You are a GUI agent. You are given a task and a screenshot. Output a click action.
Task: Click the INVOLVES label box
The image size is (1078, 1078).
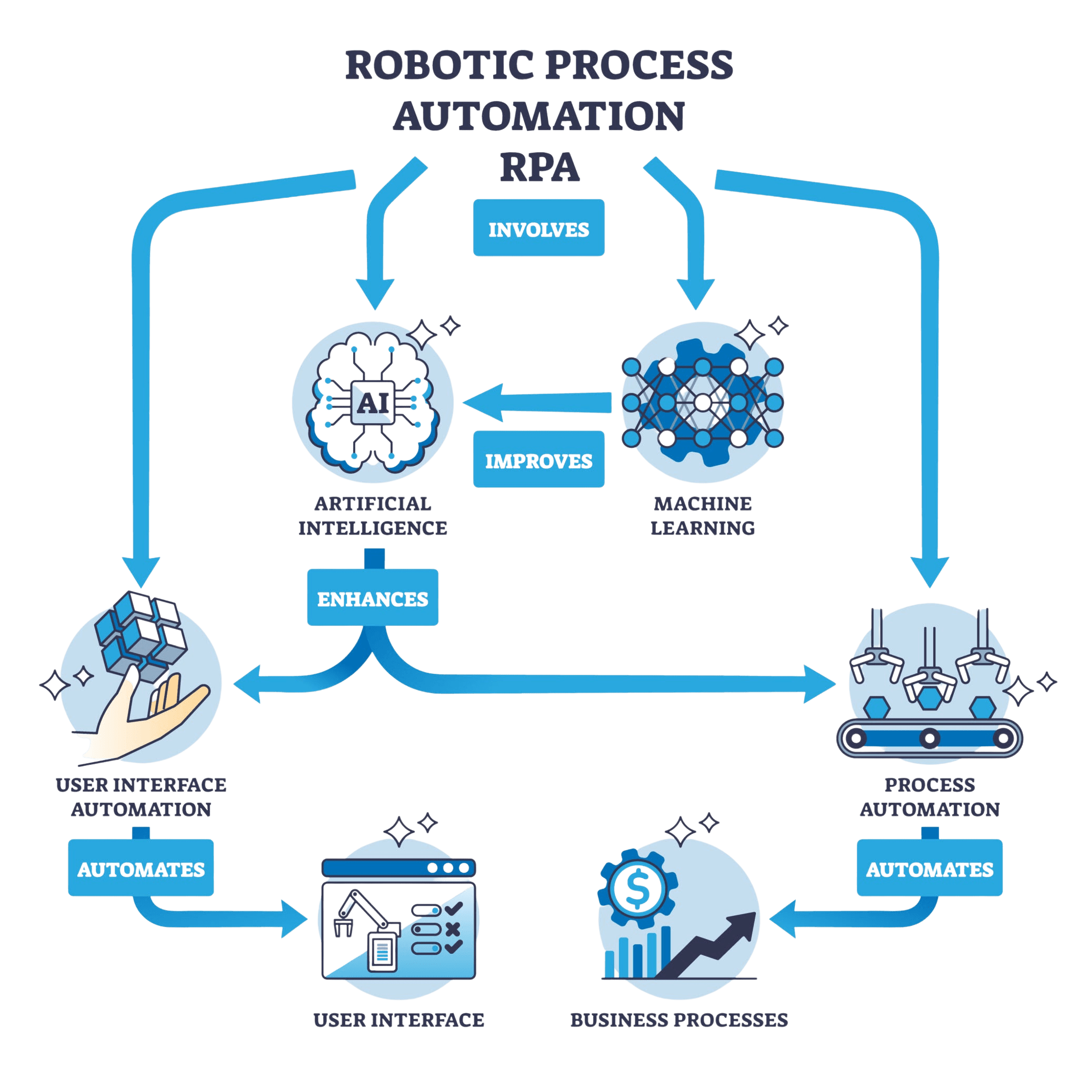click(x=538, y=228)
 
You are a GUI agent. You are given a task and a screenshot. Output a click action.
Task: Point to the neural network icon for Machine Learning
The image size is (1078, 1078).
click(x=703, y=402)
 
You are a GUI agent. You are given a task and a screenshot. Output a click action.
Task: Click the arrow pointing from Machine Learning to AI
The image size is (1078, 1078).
click(x=536, y=402)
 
